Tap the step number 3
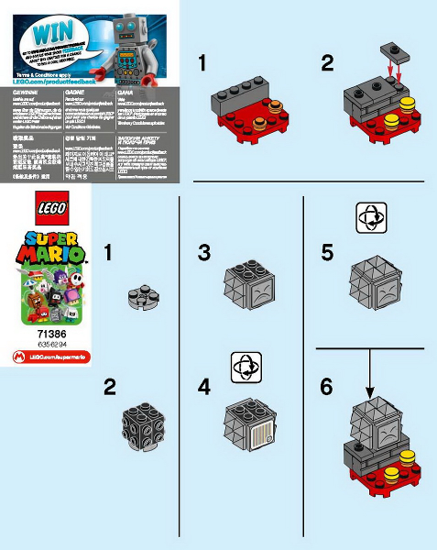tap(204, 252)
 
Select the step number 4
tap(204, 386)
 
